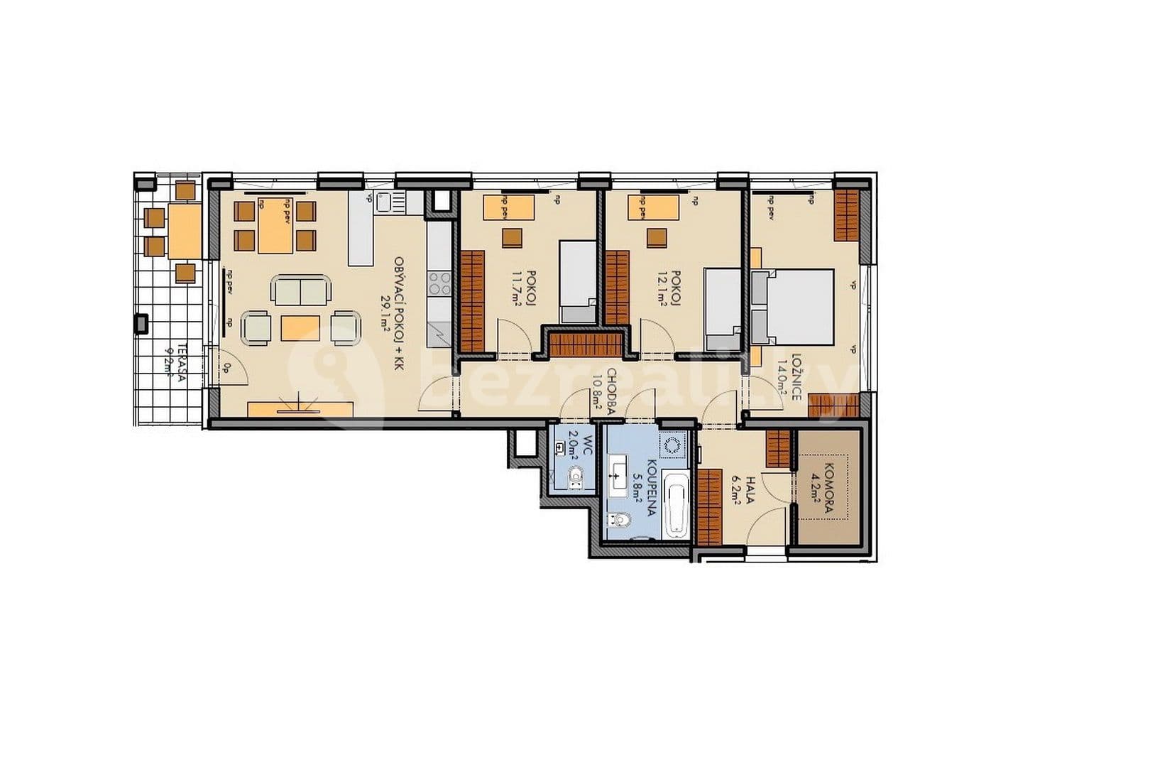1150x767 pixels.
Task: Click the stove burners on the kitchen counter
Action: click(439, 283)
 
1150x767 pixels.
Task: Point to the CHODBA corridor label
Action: click(611, 390)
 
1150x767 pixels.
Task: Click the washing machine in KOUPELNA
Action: click(672, 446)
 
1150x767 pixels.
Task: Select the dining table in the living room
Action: click(275, 226)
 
